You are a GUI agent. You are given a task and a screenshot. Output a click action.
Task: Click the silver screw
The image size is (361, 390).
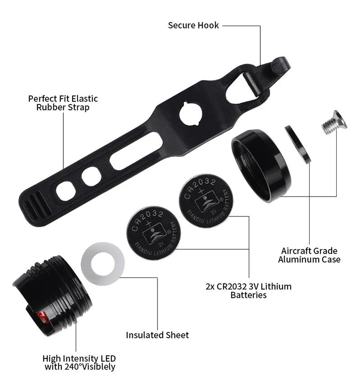coord(333,122)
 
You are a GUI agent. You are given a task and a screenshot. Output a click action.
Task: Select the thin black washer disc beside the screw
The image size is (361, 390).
coord(298,144)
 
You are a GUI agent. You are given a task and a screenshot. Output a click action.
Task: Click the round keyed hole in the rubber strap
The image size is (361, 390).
coord(191,114)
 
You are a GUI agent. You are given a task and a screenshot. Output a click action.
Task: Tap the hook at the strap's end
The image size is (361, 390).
coord(278,67)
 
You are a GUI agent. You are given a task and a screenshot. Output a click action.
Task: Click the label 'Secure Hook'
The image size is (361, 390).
coord(193,25)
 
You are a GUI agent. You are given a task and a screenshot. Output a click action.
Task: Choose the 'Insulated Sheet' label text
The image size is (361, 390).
coord(157,335)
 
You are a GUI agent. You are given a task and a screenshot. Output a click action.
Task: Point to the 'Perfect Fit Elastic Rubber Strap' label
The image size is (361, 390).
coord(63,103)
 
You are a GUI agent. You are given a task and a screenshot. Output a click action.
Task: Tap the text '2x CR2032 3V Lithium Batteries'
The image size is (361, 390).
coord(248,291)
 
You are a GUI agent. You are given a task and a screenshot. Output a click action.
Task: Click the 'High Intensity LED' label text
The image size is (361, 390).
coord(79,359)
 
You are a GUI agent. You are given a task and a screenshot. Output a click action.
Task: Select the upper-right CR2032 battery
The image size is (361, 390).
coord(206,201)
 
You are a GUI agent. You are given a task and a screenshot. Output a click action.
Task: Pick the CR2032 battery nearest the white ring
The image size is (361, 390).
coord(153,233)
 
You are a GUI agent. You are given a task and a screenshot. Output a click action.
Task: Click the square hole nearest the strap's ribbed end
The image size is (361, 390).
coord(66,191)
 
